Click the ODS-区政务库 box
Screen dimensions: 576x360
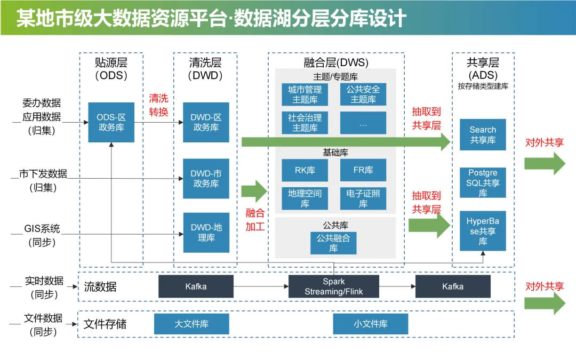[111, 122]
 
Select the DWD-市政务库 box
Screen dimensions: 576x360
[206, 179]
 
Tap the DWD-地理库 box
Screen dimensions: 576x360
[206, 233]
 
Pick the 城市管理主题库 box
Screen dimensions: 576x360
[305, 94]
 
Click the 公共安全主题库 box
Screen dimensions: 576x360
[363, 94]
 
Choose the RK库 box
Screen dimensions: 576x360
[305, 170]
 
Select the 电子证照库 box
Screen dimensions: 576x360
[363, 199]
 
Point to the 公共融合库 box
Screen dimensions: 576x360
[333, 243]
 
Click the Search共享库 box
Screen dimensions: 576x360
[483, 134]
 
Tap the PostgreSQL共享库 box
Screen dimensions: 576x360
[483, 182]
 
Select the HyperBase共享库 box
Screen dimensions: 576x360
[483, 231]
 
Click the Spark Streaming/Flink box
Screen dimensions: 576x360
[333, 286]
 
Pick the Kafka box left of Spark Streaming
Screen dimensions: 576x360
[196, 286]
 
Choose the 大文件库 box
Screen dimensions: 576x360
[191, 324]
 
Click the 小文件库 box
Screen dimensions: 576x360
[370, 324]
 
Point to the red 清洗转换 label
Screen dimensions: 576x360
[158, 105]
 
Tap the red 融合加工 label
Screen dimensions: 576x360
[255, 220]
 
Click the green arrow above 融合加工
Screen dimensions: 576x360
[254, 191]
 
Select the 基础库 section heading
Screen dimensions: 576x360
[335, 153]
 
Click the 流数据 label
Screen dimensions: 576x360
[100, 286]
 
